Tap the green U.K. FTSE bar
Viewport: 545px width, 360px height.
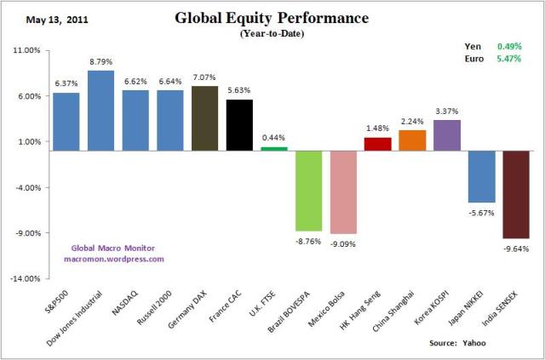coord(273,148)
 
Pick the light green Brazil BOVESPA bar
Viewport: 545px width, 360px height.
coord(308,191)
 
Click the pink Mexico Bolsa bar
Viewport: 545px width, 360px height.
coord(343,191)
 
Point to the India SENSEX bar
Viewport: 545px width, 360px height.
coord(516,194)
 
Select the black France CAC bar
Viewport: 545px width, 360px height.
coord(239,124)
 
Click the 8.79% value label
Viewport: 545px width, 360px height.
coord(101,61)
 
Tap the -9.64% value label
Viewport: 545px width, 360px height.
coord(516,249)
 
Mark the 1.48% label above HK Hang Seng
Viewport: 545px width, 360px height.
coord(377,128)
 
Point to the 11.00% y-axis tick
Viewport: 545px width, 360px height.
coord(28,50)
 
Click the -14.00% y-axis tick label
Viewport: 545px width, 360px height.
coord(27,278)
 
